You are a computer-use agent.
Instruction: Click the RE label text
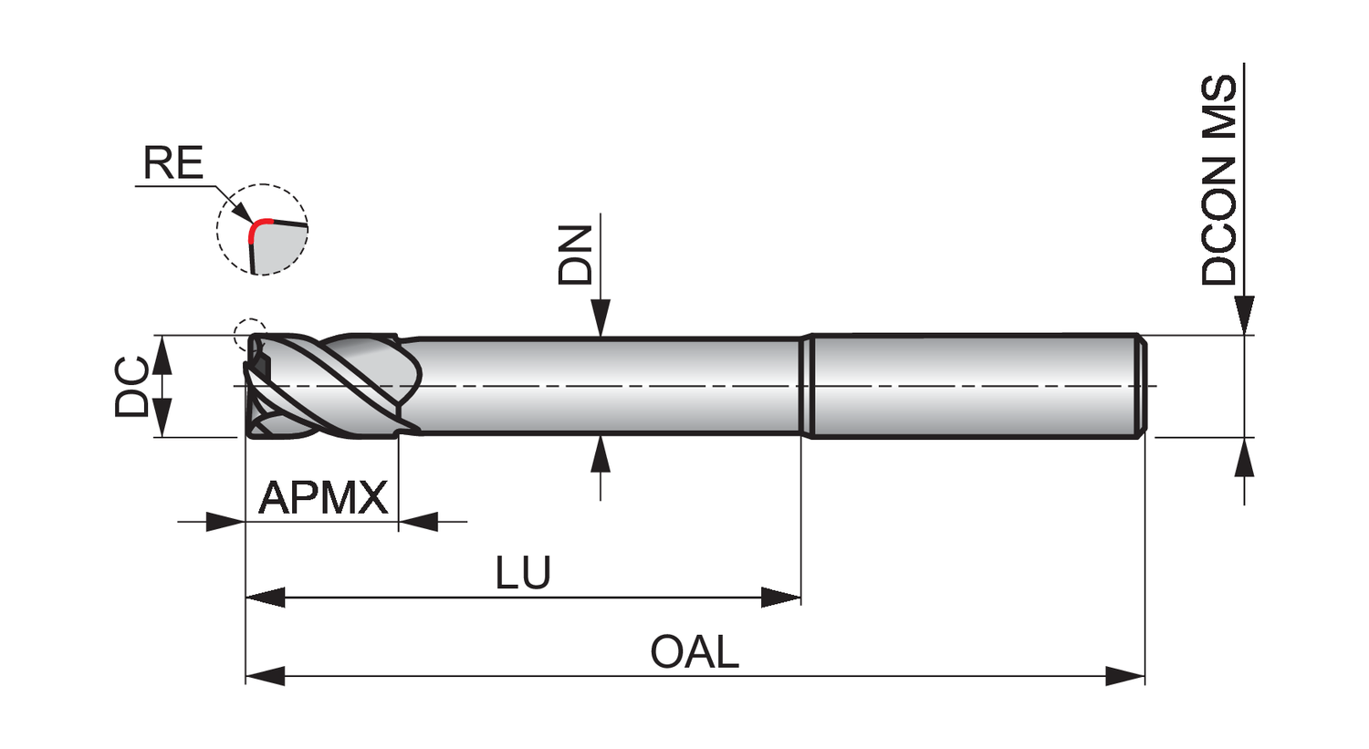pyautogui.click(x=173, y=163)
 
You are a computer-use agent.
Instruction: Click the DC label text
pyautogui.click(x=132, y=387)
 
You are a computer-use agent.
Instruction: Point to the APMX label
pyautogui.click(x=323, y=498)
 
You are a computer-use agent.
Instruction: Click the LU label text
pyautogui.click(x=523, y=573)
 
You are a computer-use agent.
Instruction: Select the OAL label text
pyautogui.click(x=694, y=652)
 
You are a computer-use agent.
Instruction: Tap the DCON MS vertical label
pyautogui.click(x=1219, y=181)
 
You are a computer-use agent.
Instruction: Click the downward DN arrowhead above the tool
pyautogui.click(x=601, y=320)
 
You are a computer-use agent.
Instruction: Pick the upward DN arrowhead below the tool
pyautogui.click(x=601, y=453)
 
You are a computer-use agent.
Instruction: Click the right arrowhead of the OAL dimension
pyautogui.click(x=1125, y=676)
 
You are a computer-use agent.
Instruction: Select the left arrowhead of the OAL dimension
pyautogui.click(x=266, y=676)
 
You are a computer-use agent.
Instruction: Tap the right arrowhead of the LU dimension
pyautogui.click(x=781, y=598)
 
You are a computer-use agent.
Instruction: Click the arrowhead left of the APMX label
pyautogui.click(x=225, y=522)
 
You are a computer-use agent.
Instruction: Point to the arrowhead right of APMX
pyautogui.click(x=418, y=522)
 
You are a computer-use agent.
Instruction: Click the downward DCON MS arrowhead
pyautogui.click(x=1244, y=316)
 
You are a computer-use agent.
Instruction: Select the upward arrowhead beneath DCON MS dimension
pyautogui.click(x=1244, y=457)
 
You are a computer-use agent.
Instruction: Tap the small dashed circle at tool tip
pyautogui.click(x=250, y=336)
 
